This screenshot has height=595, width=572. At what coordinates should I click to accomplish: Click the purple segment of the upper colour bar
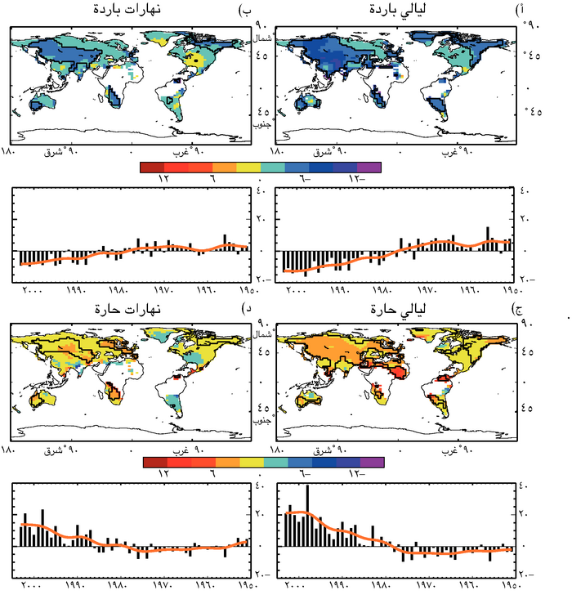point(370,167)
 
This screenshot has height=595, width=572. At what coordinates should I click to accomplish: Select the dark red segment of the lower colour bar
point(152,463)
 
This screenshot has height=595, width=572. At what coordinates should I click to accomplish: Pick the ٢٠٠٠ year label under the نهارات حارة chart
point(31,586)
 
